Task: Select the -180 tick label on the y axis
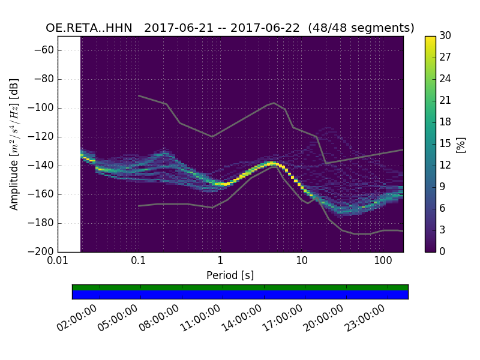point(44,223)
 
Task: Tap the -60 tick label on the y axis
point(47,50)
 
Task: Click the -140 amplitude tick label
point(44,166)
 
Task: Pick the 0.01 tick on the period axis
point(58,260)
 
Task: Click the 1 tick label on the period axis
point(220,260)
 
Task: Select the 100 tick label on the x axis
point(383,260)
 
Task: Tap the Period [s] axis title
point(230,275)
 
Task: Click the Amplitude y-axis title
point(14,144)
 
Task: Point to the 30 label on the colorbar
point(446,36)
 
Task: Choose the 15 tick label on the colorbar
point(446,144)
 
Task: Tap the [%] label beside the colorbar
point(461,144)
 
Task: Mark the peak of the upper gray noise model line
point(274,103)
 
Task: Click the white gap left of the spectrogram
point(69,144)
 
